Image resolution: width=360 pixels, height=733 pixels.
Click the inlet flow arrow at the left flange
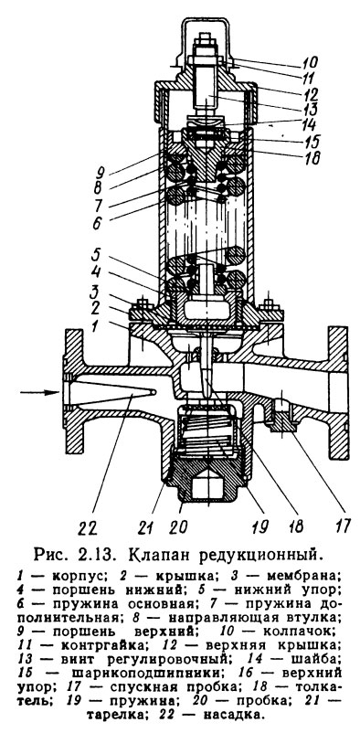click(39, 392)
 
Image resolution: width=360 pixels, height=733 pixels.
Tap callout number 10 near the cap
click(309, 62)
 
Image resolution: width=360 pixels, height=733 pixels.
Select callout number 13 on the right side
click(309, 110)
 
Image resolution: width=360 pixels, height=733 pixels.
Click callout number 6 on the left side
click(96, 223)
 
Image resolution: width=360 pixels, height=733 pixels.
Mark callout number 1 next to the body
click(96, 326)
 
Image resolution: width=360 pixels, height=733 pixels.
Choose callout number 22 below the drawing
click(88, 527)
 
